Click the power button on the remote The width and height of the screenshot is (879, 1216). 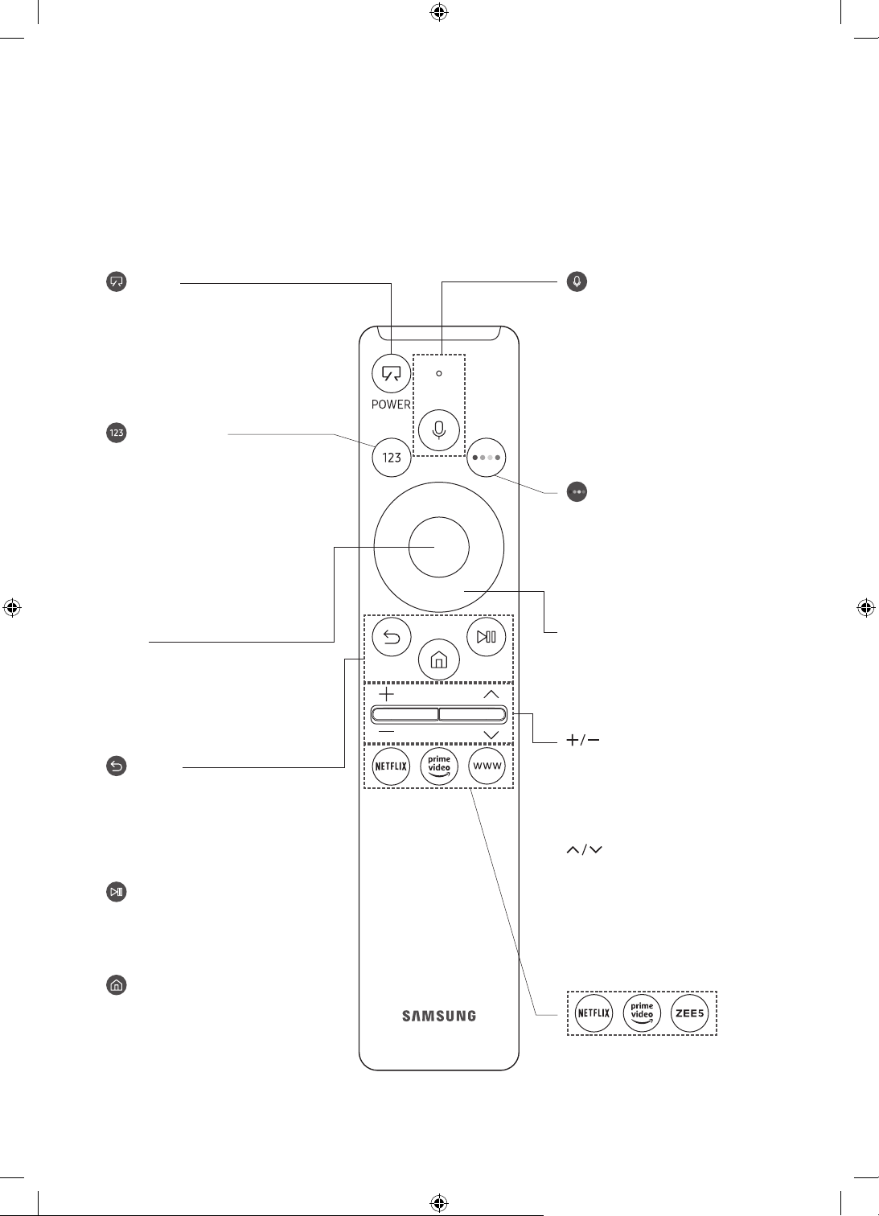coord(391,373)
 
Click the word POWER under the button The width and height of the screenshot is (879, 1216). coord(391,405)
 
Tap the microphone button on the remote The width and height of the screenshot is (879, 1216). coord(438,430)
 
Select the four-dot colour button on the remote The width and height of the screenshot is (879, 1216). coord(486,458)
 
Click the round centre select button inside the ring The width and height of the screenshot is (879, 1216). coord(438,547)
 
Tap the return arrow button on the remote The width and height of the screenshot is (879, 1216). coord(392,637)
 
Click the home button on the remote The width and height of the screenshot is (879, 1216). coord(438,660)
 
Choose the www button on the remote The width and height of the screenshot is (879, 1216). coord(487,766)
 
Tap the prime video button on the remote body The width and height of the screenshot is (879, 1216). coord(439,766)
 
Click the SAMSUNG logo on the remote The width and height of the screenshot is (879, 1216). coord(438,1016)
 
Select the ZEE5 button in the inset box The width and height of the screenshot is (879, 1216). coord(689,1013)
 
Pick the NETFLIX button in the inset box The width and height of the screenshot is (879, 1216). coord(594,1013)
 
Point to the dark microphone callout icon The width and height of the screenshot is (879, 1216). coord(577,281)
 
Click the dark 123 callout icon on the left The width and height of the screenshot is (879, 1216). coord(116,433)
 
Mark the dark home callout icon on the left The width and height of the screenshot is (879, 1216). coord(116,984)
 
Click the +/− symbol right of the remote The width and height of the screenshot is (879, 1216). coord(582,740)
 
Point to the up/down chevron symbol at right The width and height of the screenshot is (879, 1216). coord(584,849)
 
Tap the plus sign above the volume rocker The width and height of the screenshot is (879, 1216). coord(386,694)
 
